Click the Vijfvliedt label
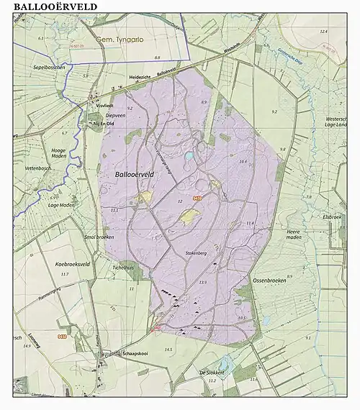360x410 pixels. point(105,104)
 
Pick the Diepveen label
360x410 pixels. point(116,114)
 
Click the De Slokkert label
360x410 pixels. point(213,372)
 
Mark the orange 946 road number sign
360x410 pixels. point(62,336)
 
